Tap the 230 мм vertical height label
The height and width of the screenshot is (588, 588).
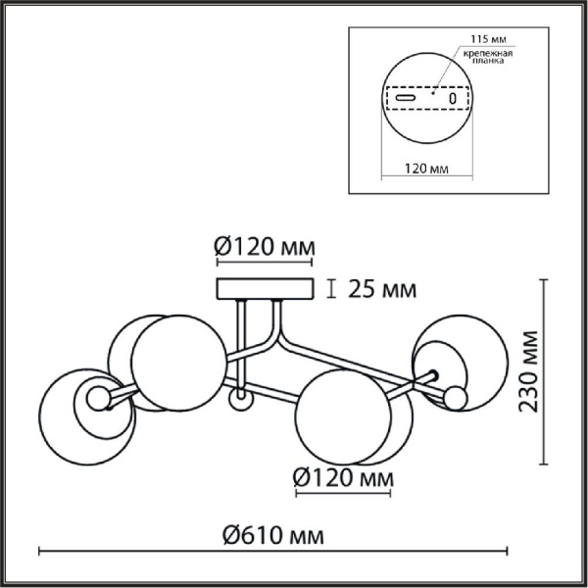528,371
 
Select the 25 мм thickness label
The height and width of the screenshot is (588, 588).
382,289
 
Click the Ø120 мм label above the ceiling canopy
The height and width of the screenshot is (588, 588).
265,247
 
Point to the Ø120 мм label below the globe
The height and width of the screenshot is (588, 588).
343,478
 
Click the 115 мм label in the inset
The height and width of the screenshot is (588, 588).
488,39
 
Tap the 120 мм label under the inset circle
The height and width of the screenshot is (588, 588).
426,169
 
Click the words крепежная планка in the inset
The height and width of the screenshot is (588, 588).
488,57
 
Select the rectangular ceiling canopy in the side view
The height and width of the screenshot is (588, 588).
265,289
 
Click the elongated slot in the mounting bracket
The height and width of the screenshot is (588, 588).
406,98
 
